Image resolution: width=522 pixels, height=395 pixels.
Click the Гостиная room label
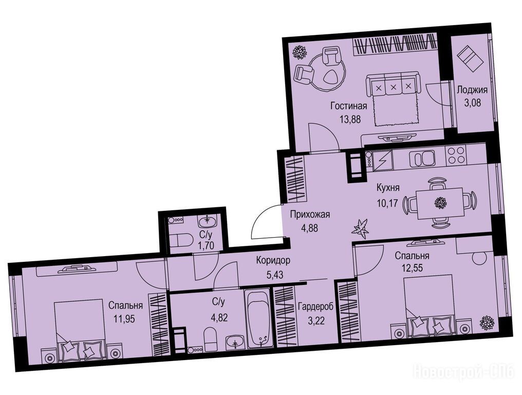[348, 106]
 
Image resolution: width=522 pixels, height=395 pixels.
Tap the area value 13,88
[350, 119]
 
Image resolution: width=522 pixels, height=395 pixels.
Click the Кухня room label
[388, 188]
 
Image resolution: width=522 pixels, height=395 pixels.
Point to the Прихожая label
[310, 214]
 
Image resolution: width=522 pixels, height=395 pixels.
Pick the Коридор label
[273, 260]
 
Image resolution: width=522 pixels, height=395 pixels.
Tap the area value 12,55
[412, 268]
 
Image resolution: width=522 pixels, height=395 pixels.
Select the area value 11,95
[124, 319]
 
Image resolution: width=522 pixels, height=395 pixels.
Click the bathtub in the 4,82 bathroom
[259, 320]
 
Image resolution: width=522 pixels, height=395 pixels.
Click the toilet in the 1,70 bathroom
[181, 239]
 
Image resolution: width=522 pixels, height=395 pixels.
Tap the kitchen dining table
[440, 203]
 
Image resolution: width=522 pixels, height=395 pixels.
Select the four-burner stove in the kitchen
[456, 155]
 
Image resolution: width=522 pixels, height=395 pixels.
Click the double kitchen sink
[422, 158]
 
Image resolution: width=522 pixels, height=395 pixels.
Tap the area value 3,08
[472, 103]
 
